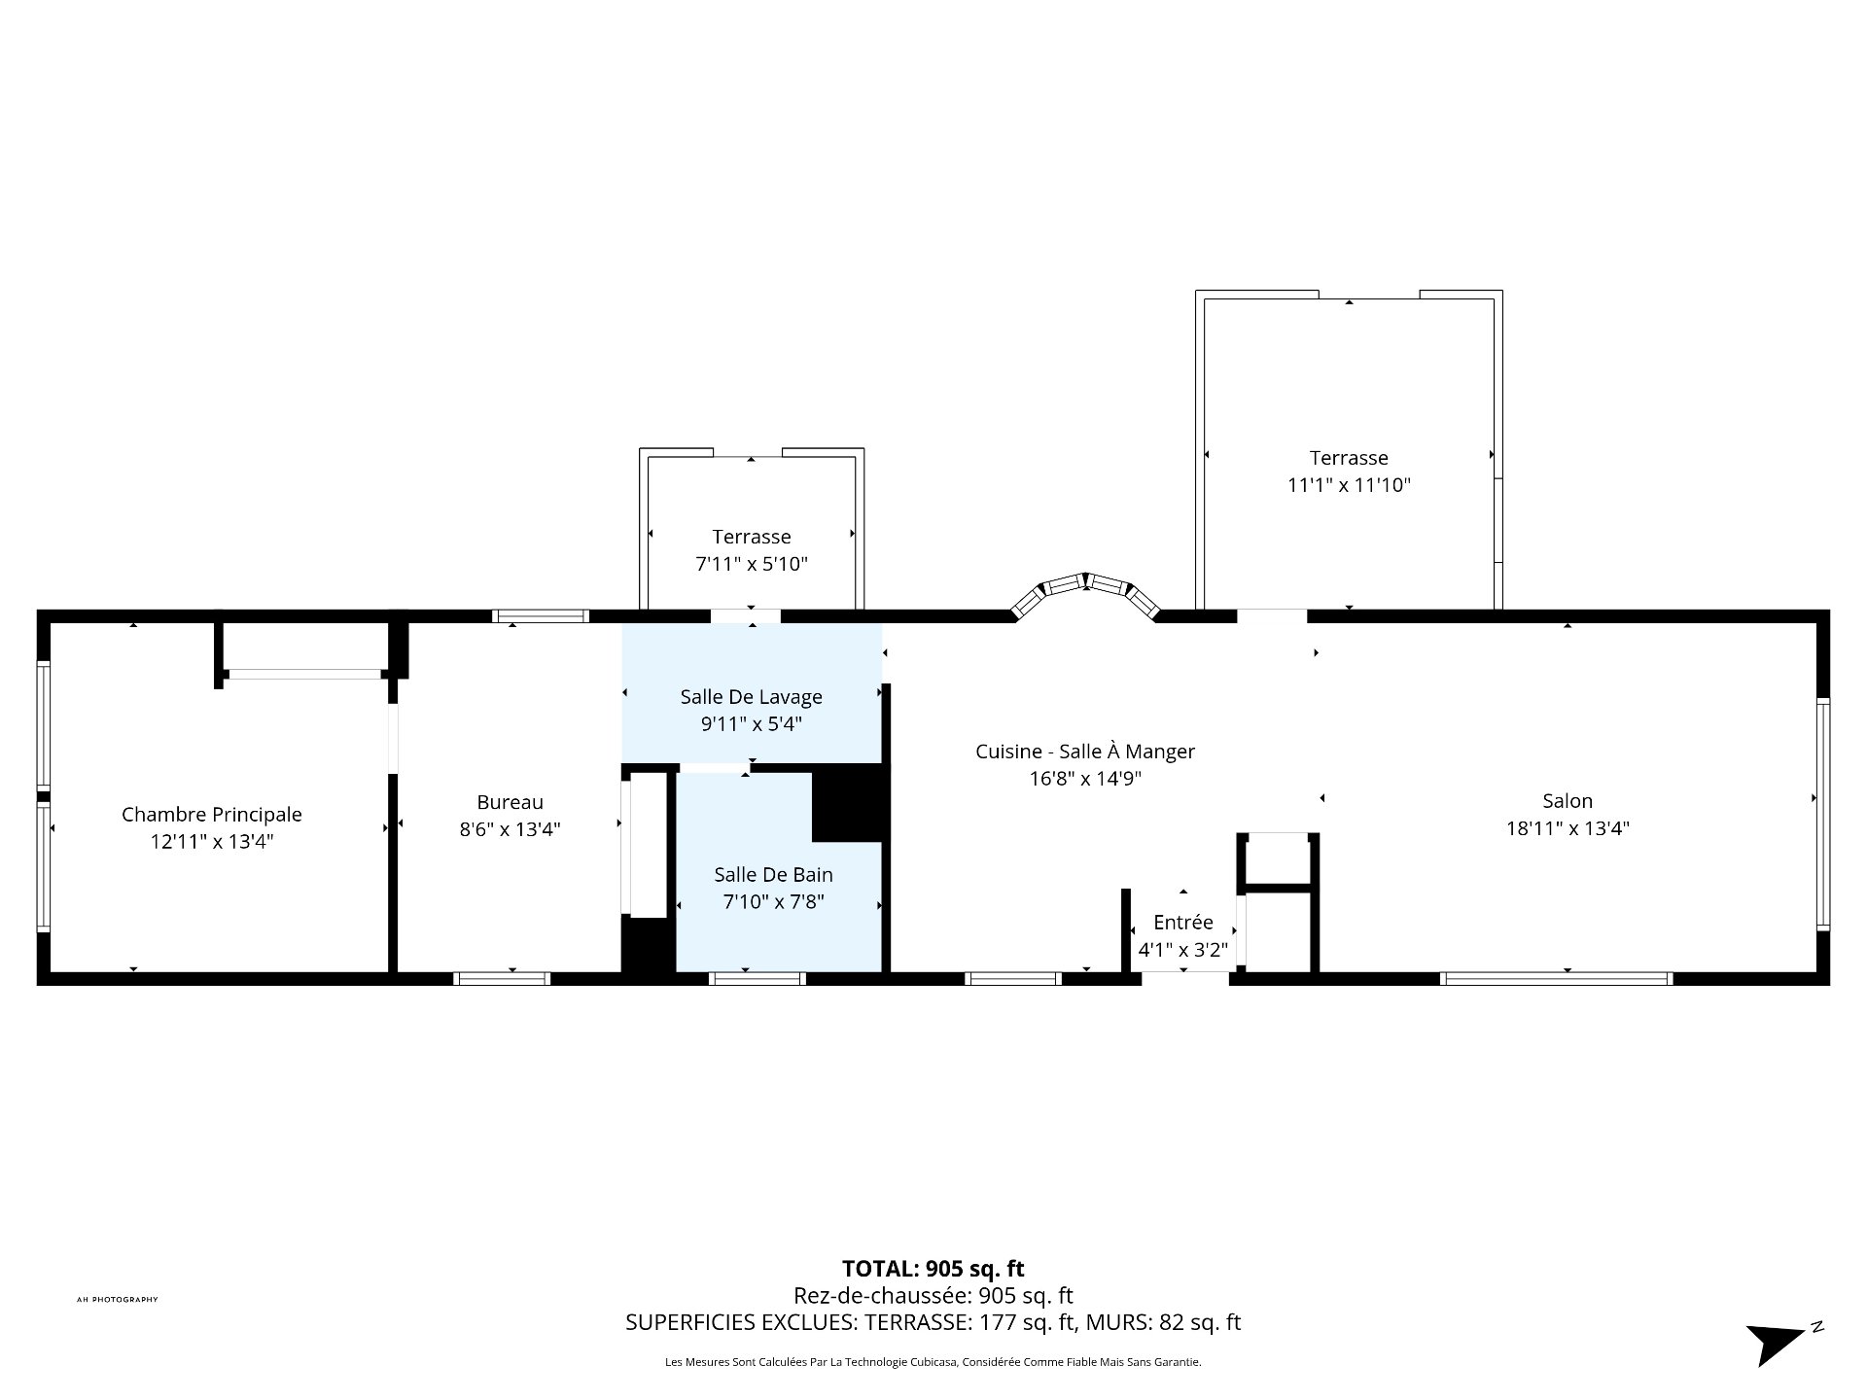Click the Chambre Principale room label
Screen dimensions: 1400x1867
tap(211, 815)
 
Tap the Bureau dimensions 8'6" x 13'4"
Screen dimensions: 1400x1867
tap(510, 829)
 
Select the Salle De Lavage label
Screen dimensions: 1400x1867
tap(751, 697)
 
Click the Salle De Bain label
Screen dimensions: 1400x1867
tap(773, 875)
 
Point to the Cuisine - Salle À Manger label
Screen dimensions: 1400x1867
tap(1084, 752)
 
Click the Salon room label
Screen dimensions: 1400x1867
tap(1567, 801)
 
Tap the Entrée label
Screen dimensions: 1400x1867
tap(1182, 923)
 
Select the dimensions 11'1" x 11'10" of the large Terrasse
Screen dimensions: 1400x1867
tap(1349, 485)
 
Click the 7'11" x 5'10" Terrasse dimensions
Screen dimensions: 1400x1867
tap(751, 564)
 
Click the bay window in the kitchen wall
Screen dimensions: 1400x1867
tap(1085, 587)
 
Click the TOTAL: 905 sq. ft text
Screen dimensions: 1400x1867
tap(933, 1269)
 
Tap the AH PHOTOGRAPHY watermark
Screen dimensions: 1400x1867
tap(117, 1300)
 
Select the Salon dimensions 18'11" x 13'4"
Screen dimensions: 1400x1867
tap(1567, 828)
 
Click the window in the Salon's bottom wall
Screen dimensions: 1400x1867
tap(1556, 978)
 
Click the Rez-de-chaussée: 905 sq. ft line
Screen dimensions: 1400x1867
tap(933, 1296)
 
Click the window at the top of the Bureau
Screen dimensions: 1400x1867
tap(541, 615)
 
